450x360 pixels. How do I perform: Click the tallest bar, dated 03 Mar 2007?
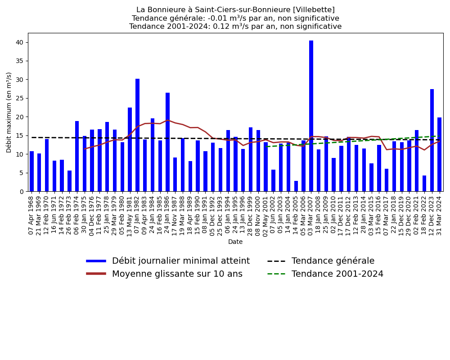pyautogui.click(x=311, y=116)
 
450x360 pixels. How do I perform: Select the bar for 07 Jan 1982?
pyautogui.click(x=137, y=135)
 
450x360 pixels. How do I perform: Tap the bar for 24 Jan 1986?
pyautogui.click(x=167, y=142)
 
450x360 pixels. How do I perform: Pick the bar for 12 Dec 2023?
pyautogui.click(x=432, y=140)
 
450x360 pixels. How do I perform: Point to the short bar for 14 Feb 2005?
pyautogui.click(x=296, y=186)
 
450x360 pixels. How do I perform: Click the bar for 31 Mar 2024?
pyautogui.click(x=439, y=154)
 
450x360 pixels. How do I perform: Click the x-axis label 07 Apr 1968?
pyautogui.click(x=31, y=215)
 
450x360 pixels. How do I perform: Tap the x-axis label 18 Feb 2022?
pyautogui.click(x=424, y=215)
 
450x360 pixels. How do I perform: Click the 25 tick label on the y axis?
pyautogui.click(x=20, y=98)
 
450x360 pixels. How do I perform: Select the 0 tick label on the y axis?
pyautogui.click(x=22, y=192)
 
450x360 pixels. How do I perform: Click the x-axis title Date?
pyautogui.click(x=235, y=242)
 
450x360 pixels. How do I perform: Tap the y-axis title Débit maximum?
pyautogui.click(x=9, y=112)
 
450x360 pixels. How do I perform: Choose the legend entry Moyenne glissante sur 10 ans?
pyautogui.click(x=177, y=274)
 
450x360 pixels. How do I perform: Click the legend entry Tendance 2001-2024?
pyautogui.click(x=337, y=274)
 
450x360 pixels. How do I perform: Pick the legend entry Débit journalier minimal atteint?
pyautogui.click(x=181, y=261)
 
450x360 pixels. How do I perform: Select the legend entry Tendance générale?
pyautogui.click(x=333, y=261)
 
